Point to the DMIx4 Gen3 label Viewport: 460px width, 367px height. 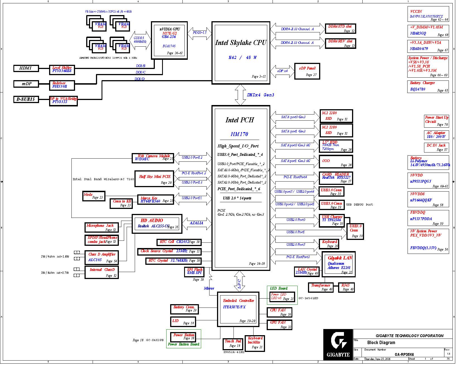point(261,95)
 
